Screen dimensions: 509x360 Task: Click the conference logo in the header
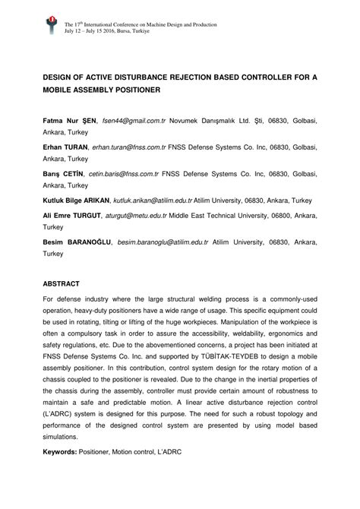click(x=51, y=27)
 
